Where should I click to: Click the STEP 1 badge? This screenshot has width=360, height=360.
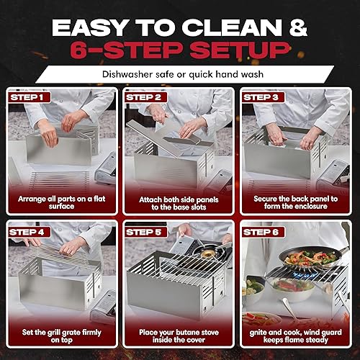click(x=27, y=96)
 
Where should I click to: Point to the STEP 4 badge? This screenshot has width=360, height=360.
click(x=27, y=232)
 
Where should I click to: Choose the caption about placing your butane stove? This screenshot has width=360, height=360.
click(x=179, y=338)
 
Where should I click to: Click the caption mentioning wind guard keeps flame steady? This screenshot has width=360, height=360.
click(x=297, y=338)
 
